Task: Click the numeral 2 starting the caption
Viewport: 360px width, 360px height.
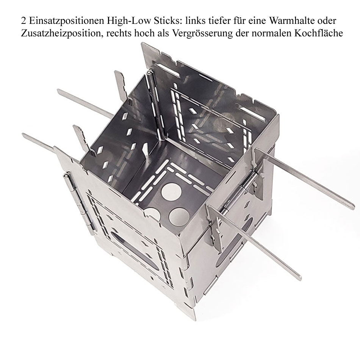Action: pyautogui.click(x=23, y=21)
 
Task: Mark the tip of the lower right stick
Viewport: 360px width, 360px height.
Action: pyautogui.click(x=299, y=278)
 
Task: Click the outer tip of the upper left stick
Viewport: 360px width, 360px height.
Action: pyautogui.click(x=59, y=91)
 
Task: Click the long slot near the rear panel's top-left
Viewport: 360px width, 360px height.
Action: pyautogui.click(x=168, y=70)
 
